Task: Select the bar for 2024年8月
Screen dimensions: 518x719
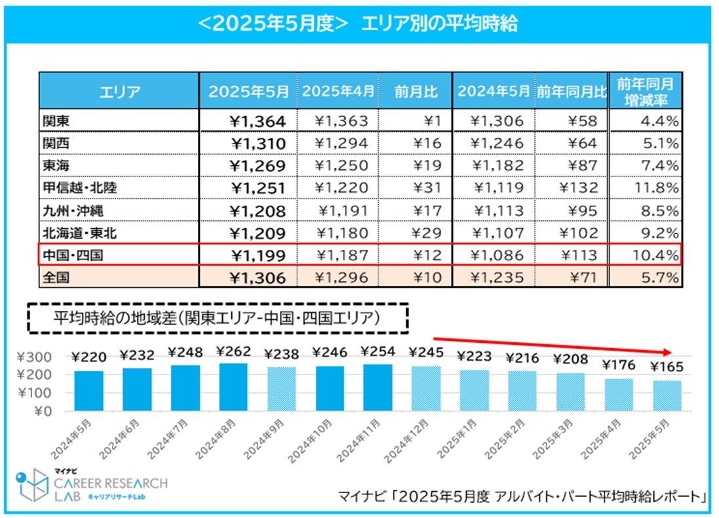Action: click(233, 387)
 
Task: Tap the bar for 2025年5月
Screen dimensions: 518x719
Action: click(667, 395)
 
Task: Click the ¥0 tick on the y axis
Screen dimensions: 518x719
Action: click(47, 411)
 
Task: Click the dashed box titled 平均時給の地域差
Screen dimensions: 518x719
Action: click(218, 319)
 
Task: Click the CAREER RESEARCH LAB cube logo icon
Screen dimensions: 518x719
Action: click(33, 486)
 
